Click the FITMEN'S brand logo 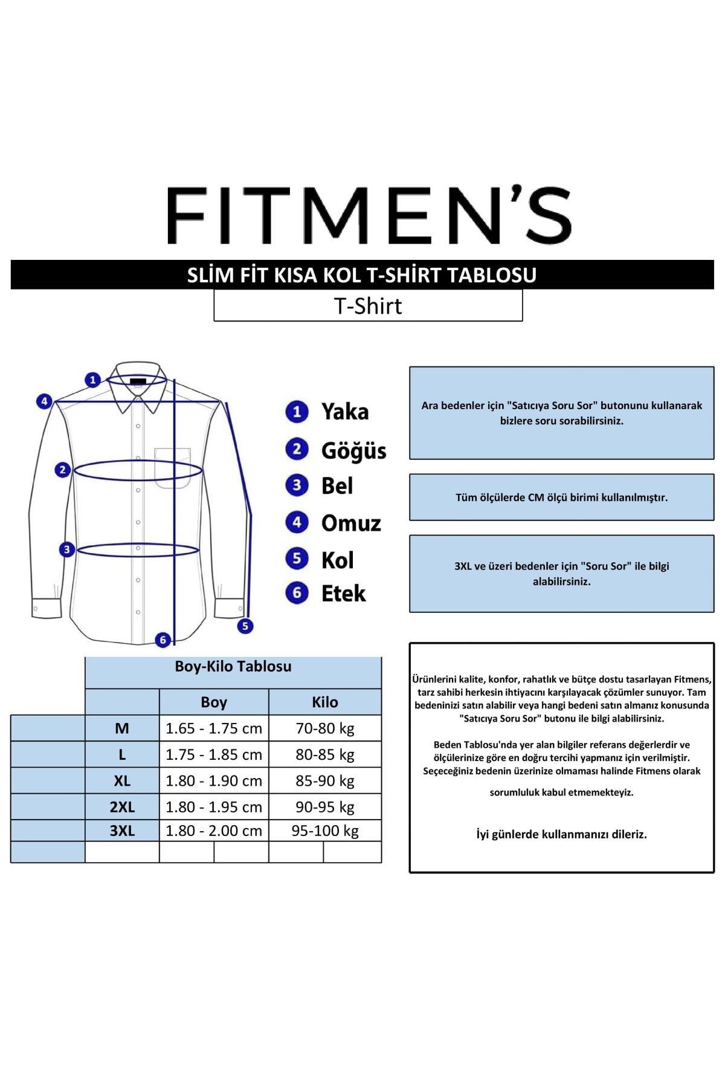(x=369, y=215)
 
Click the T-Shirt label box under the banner (x=368, y=306)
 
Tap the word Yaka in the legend (x=344, y=412)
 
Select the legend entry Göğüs (x=353, y=450)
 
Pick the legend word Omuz (x=351, y=523)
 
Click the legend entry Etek (x=343, y=594)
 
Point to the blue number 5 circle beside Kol (x=297, y=559)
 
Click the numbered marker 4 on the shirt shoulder (x=43, y=401)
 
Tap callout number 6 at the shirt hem (x=163, y=640)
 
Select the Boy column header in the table (x=214, y=702)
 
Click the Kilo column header (x=325, y=702)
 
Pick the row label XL (x=122, y=780)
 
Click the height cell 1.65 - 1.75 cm (x=214, y=728)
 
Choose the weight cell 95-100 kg (x=325, y=831)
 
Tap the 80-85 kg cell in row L (x=325, y=754)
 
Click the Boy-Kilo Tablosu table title (x=233, y=666)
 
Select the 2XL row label (x=122, y=807)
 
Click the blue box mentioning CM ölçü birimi (x=561, y=497)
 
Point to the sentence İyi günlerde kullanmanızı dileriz (x=561, y=834)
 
